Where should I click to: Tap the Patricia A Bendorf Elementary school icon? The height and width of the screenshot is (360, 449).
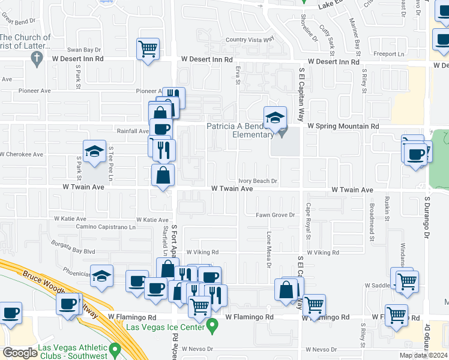point(275,117)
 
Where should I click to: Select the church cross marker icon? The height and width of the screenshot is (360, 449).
point(35,58)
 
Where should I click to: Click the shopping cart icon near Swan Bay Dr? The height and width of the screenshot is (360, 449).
point(148,48)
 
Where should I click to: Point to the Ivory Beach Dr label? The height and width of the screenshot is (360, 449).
point(258,181)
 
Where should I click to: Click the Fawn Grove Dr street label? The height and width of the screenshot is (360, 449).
point(274,215)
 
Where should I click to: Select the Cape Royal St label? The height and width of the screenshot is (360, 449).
point(308,221)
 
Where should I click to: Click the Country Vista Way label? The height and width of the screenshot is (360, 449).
point(250,40)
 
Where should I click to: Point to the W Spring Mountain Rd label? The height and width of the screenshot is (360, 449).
point(343,127)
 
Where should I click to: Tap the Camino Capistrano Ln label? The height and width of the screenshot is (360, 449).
point(106,227)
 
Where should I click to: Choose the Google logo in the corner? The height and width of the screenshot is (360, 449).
point(19,352)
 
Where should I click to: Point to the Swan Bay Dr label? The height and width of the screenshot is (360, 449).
point(84,50)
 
